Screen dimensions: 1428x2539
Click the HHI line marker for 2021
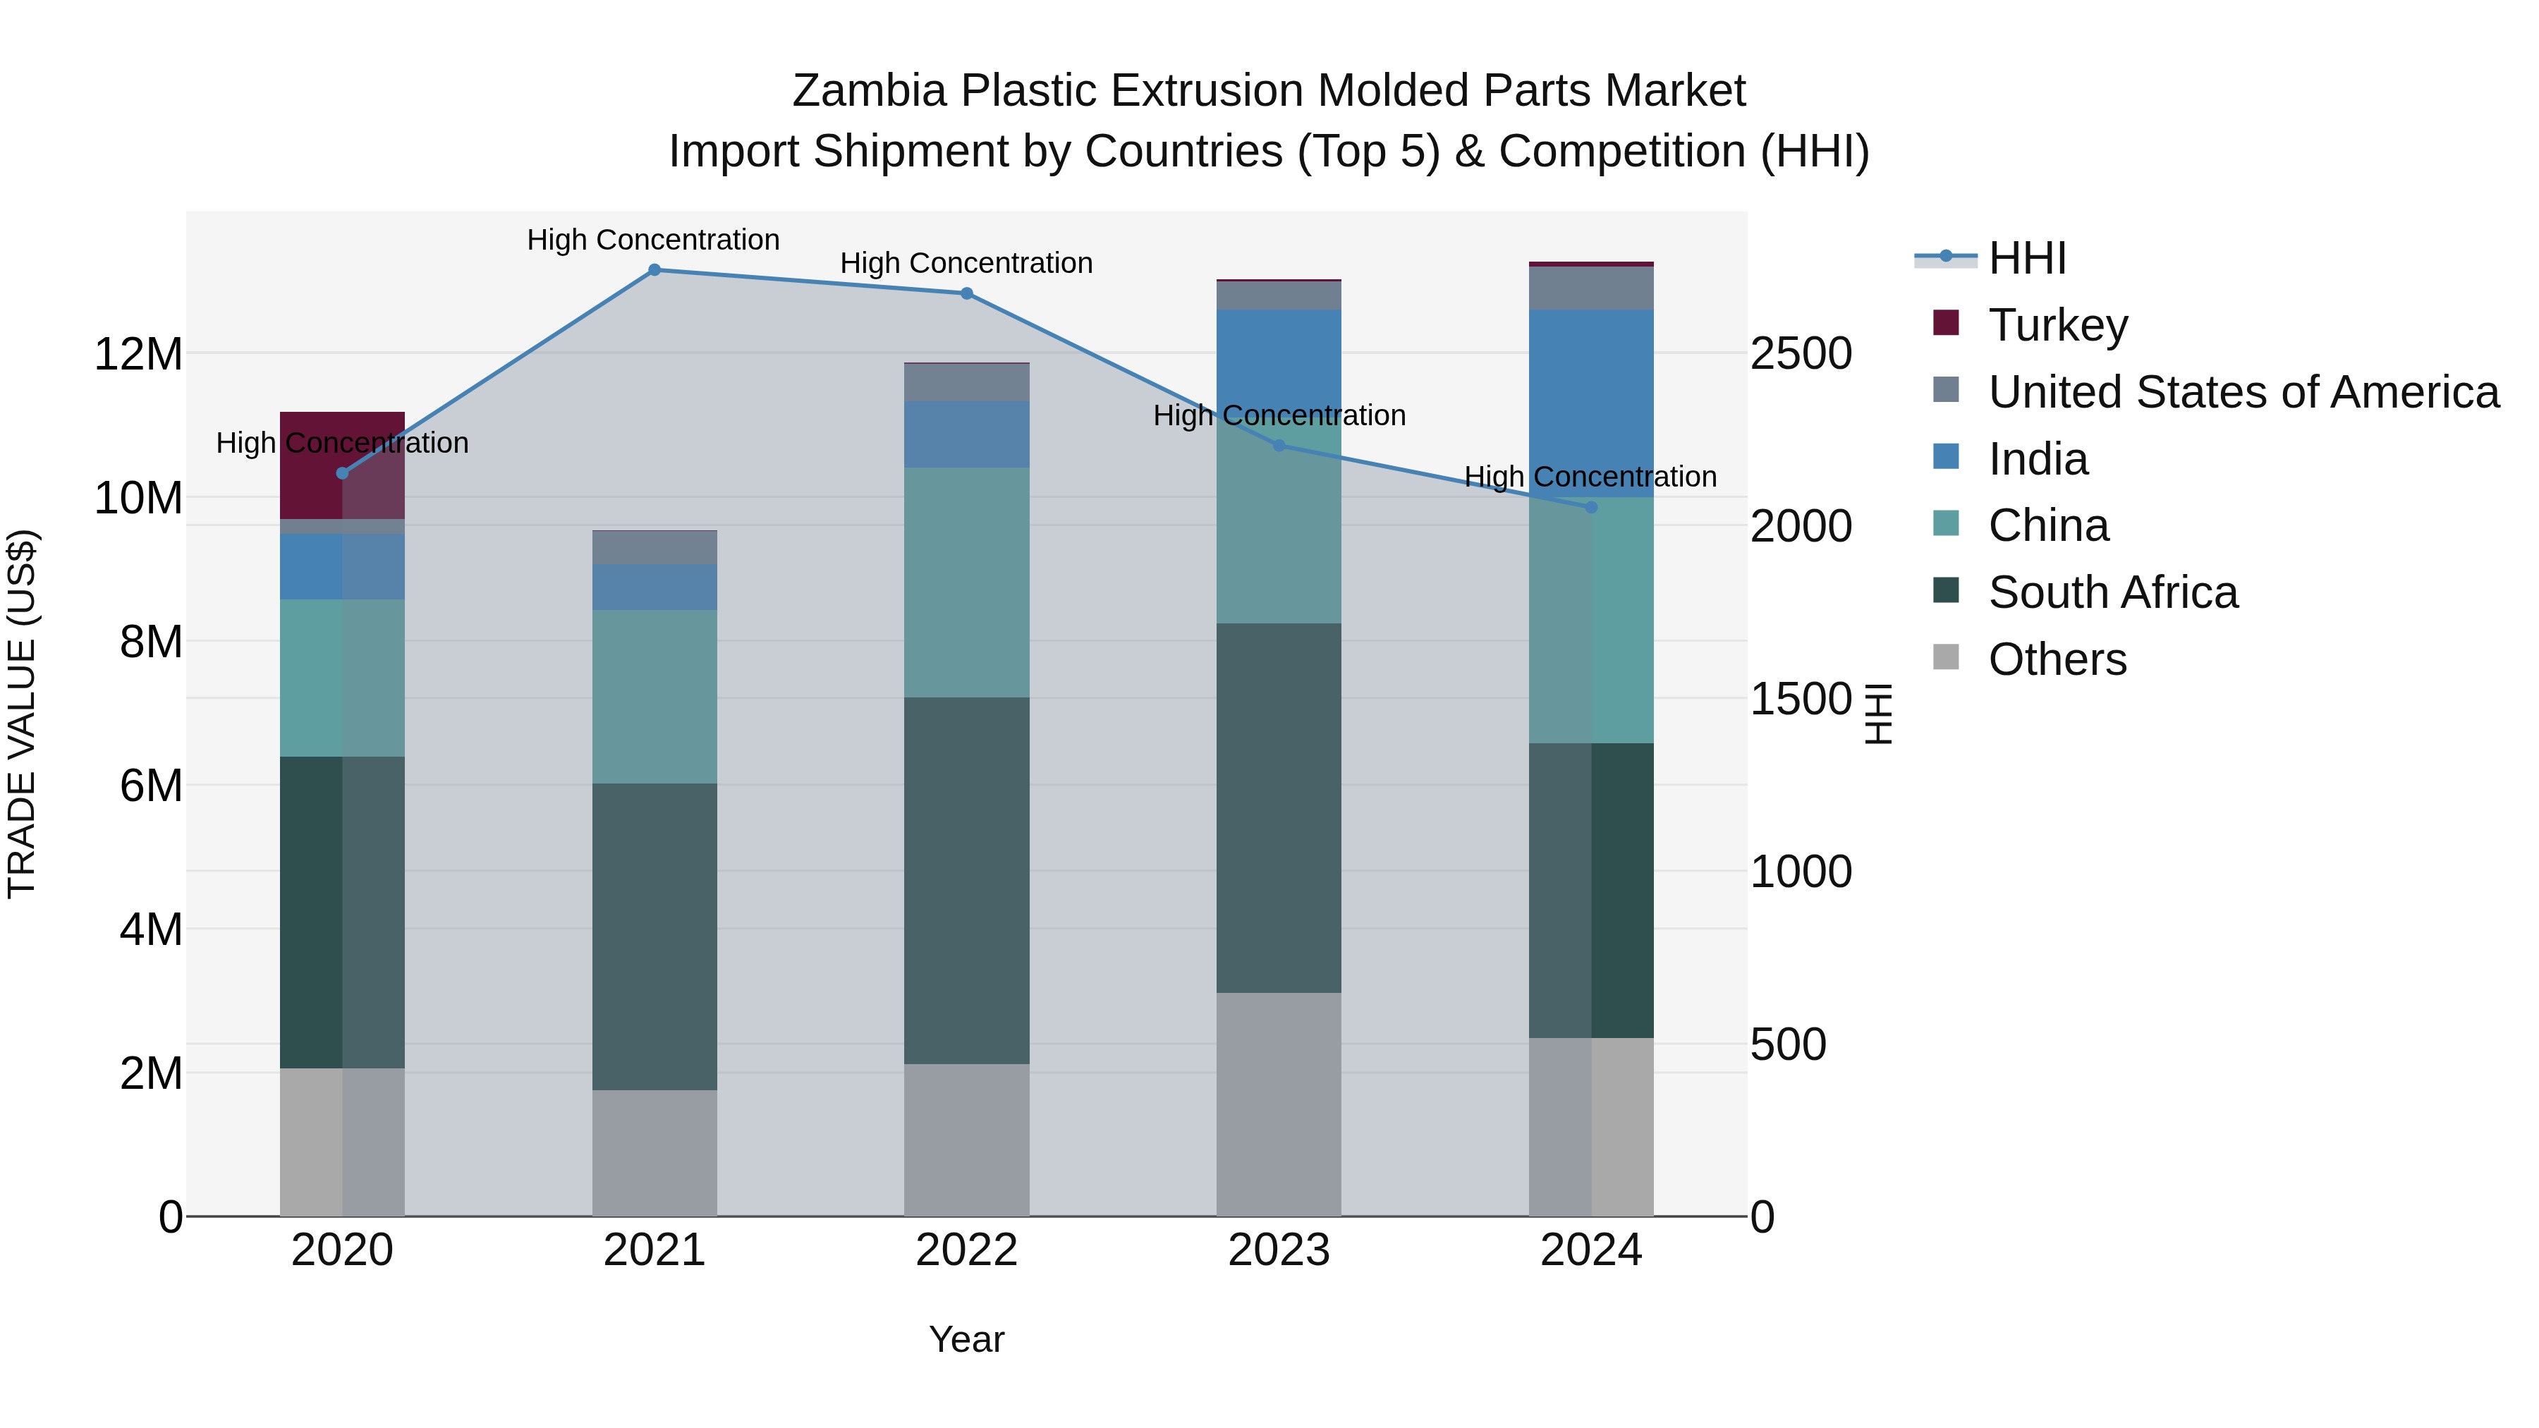[654, 270]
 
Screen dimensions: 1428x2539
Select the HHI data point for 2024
[1591, 508]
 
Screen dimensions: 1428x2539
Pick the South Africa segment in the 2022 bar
[966, 880]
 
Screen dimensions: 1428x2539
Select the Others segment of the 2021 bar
[654, 1152]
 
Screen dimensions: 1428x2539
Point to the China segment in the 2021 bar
[654, 696]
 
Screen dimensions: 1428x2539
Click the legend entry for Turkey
[2058, 325]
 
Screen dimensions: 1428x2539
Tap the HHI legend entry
[2026, 258]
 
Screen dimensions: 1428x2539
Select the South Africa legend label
[2112, 592]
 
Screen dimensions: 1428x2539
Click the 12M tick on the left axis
[138, 354]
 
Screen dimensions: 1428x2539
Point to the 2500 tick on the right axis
[1801, 354]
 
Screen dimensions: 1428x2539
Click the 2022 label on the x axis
[966, 1250]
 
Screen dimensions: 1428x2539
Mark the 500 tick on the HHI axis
[1788, 1044]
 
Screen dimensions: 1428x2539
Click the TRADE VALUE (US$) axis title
[22, 714]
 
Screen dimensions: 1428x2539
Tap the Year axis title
[966, 1339]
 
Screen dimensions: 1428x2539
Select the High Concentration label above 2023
[1279, 416]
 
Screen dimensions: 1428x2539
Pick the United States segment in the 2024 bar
[1591, 288]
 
